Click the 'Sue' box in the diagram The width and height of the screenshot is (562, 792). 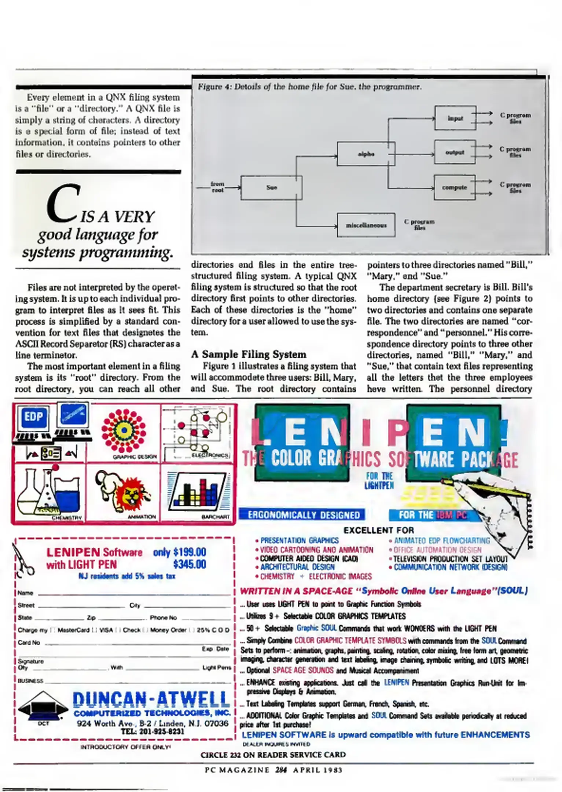[271, 188]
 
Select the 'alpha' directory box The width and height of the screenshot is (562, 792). [366, 154]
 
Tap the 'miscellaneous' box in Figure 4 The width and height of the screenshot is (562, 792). [366, 225]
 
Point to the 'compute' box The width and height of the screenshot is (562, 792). [455, 187]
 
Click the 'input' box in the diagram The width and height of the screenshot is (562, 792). [455, 118]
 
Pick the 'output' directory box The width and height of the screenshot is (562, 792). [455, 152]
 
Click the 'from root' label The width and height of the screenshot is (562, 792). [217, 187]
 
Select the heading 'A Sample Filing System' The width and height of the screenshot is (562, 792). [249, 354]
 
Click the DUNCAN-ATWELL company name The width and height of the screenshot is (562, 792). [151, 699]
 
